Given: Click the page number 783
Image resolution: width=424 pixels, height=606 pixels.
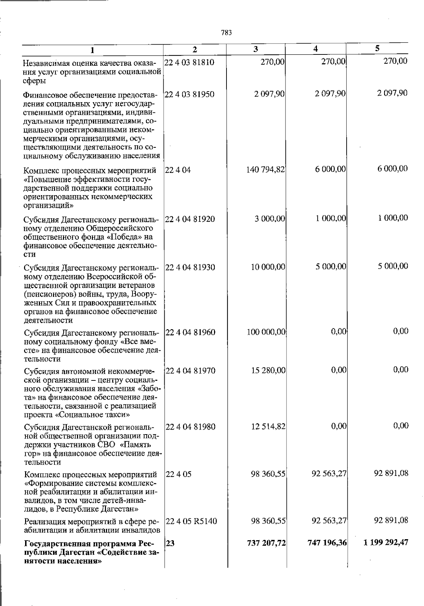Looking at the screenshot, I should pyautogui.click(x=226, y=33).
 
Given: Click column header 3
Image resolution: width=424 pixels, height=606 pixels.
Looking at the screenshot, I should pyautogui.click(x=255, y=49).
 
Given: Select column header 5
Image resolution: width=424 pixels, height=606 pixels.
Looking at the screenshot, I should pyautogui.click(x=377, y=48).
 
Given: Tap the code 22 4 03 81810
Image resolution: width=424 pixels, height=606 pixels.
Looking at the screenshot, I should pyautogui.click(x=189, y=63).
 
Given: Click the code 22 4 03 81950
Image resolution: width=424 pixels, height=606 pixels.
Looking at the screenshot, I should pyautogui.click(x=189, y=94).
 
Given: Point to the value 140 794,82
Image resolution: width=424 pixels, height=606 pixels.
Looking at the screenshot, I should pyautogui.click(x=265, y=170).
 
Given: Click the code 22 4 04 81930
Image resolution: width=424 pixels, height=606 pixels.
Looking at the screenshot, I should pyautogui.click(x=190, y=267).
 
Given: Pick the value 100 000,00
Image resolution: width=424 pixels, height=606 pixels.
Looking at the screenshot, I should pyautogui.click(x=266, y=332).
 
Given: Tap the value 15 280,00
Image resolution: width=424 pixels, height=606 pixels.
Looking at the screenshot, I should pyautogui.click(x=268, y=371).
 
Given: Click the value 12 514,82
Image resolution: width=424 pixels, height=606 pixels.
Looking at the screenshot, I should pyautogui.click(x=268, y=427).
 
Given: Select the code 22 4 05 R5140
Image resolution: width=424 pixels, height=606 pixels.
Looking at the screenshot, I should pyautogui.click(x=191, y=521).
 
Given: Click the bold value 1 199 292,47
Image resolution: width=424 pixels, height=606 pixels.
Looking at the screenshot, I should pyautogui.click(x=386, y=542).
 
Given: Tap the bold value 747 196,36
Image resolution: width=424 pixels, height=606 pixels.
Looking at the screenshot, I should pyautogui.click(x=327, y=543).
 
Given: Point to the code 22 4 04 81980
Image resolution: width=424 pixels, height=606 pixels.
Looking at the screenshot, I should pyautogui.click(x=190, y=427).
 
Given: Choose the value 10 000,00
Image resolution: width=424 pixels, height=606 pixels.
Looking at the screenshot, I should pyautogui.click(x=268, y=267).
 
